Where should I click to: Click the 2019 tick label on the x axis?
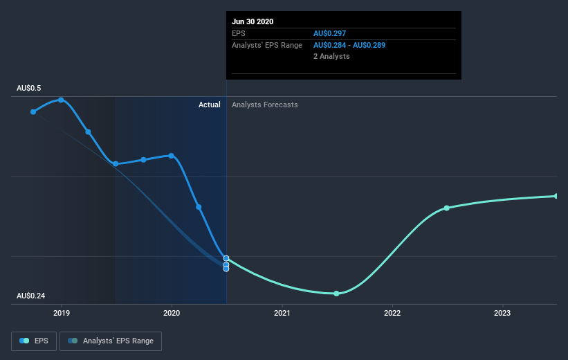[x=62, y=314]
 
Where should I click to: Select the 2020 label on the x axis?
[x=172, y=314]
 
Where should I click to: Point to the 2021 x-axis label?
[x=282, y=314]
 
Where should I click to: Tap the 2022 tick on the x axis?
[x=392, y=314]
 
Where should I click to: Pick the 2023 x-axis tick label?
[x=502, y=314]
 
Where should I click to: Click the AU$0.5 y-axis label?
[x=29, y=89]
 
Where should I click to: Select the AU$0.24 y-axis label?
[x=31, y=296]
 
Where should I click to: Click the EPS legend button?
[x=34, y=341]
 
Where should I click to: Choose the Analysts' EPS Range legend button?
[x=111, y=341]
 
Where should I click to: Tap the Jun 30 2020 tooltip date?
[x=253, y=21]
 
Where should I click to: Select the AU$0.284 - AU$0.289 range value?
[x=349, y=45]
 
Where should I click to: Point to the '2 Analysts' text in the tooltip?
[x=331, y=56]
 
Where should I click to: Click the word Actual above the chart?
[x=209, y=105]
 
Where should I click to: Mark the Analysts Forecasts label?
[x=265, y=105]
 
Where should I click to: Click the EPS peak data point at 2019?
[x=62, y=100]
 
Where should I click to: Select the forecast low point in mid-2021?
[x=336, y=294]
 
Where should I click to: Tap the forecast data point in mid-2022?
[x=447, y=208]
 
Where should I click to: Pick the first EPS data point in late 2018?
[x=33, y=111]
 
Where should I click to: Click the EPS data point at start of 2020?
[x=172, y=156]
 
